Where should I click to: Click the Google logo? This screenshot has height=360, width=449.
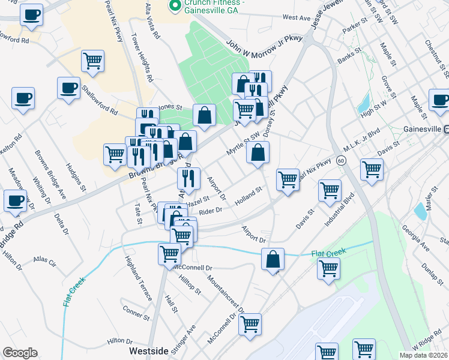point(20,353)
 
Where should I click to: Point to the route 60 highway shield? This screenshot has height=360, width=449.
point(340,160)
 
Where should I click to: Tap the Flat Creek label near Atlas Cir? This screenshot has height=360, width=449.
point(74,290)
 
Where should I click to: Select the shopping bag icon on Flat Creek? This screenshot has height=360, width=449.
point(273,260)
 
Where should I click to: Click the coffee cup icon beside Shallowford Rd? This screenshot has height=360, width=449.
point(68,88)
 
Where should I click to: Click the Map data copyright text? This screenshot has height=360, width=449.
point(423,355)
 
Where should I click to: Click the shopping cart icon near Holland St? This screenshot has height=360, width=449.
point(288,179)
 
